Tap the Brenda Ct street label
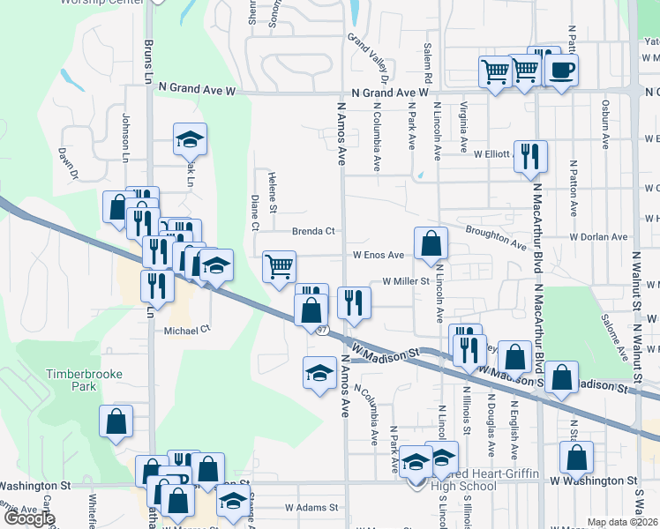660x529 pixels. click(x=315, y=232)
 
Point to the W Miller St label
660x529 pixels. click(x=405, y=281)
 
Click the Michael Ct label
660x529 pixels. click(x=188, y=330)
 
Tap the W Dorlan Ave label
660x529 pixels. click(x=598, y=237)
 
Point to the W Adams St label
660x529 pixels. click(x=311, y=508)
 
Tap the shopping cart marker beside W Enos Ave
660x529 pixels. click(x=279, y=265)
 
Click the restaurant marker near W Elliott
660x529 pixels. click(x=530, y=155)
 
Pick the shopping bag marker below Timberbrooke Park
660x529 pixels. click(x=116, y=421)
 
